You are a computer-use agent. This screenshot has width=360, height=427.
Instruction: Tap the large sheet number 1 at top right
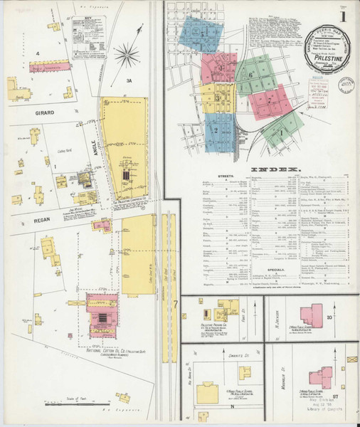pyautogui.click(x=344, y=15)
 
